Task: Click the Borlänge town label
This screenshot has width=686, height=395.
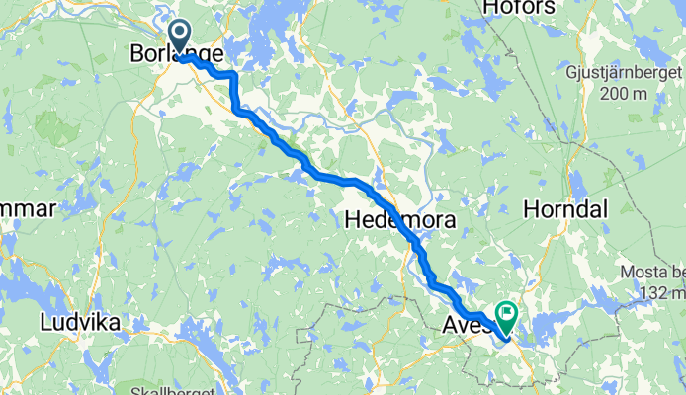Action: pos(177,55)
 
